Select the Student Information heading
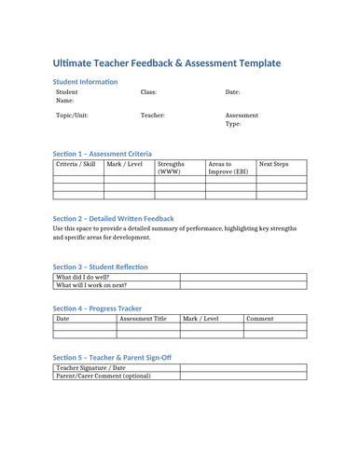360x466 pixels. point(85,83)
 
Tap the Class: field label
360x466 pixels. point(148,93)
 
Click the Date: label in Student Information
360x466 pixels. point(232,93)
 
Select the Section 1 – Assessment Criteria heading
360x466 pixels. point(102,153)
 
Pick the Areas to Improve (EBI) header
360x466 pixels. point(228,168)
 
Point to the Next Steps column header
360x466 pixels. point(273,164)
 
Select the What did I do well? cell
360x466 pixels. point(83,277)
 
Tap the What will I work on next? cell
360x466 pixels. point(91,286)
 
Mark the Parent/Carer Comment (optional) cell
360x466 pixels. point(104,377)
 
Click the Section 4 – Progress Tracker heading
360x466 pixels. point(97,308)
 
